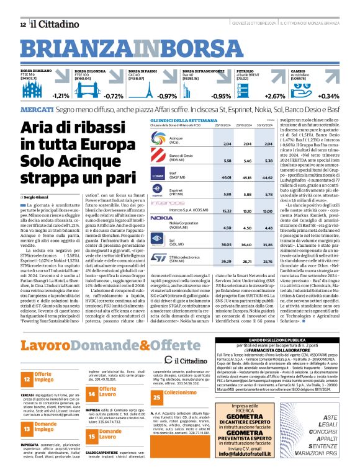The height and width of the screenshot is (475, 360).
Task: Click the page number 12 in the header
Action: point(22,24)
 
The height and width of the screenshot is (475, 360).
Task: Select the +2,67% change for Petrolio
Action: point(275,96)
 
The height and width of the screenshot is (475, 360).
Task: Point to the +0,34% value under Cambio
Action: point(328,96)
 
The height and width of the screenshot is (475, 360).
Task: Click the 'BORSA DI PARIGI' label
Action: point(142,71)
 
